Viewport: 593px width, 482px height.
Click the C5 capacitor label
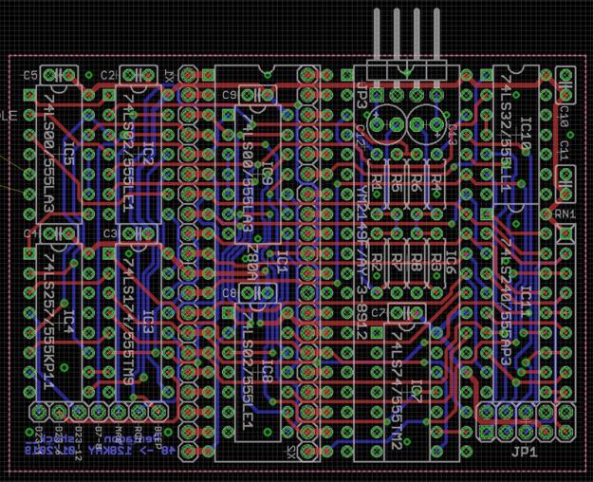pyautogui.click(x=28, y=75)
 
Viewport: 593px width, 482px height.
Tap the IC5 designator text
pyautogui.click(x=68, y=152)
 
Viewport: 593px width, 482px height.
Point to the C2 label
pyautogui.click(x=107, y=75)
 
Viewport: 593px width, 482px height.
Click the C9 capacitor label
pyautogui.click(x=229, y=95)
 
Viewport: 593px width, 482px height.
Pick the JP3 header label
pyautogui.click(x=362, y=96)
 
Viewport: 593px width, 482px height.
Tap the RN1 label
pyautogui.click(x=565, y=214)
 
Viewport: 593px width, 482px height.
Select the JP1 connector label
pyautogui.click(x=525, y=453)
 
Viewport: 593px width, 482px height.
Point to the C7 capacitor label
pyautogui.click(x=378, y=311)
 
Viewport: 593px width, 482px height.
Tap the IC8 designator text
pyautogui.click(x=268, y=372)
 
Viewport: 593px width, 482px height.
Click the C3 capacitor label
pyautogui.click(x=109, y=232)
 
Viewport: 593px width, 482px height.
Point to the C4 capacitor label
pyautogui.click(x=29, y=232)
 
